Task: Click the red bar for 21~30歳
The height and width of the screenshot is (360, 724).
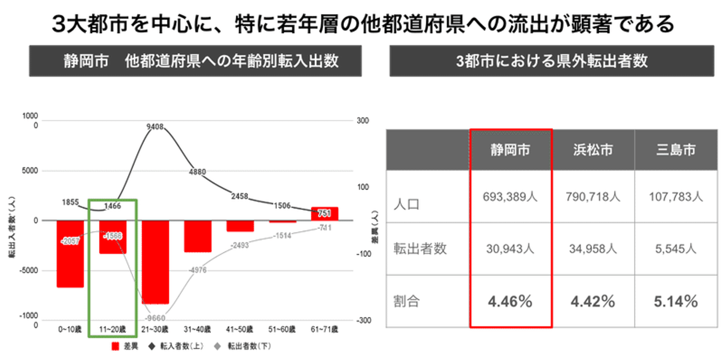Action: pyautogui.click(x=155, y=261)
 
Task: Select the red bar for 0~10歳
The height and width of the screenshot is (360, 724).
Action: pyautogui.click(x=70, y=254)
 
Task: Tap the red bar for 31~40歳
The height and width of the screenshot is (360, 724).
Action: pyautogui.click(x=198, y=236)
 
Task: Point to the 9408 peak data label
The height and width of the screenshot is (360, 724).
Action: pyautogui.click(x=155, y=127)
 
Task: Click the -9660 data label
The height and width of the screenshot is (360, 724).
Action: pyautogui.click(x=155, y=318)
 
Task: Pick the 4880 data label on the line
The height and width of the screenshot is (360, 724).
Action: pyautogui.click(x=198, y=171)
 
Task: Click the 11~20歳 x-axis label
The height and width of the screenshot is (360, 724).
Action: pyautogui.click(x=113, y=329)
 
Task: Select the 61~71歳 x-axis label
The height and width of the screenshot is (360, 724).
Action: pyautogui.click(x=324, y=329)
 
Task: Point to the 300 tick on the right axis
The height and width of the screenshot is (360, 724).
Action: pyautogui.click(x=363, y=121)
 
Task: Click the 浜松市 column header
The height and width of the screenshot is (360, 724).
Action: pyautogui.click(x=593, y=150)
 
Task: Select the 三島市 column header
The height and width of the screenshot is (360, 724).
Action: pyautogui.click(x=676, y=150)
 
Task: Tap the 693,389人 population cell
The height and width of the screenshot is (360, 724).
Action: pyautogui.click(x=511, y=197)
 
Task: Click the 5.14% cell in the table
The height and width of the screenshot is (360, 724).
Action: pyautogui.click(x=676, y=302)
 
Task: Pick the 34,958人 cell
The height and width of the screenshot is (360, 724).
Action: pyautogui.click(x=593, y=248)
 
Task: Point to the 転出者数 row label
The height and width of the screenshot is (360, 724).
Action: pyautogui.click(x=420, y=249)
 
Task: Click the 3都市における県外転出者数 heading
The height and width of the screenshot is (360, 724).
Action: pyautogui.click(x=552, y=61)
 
